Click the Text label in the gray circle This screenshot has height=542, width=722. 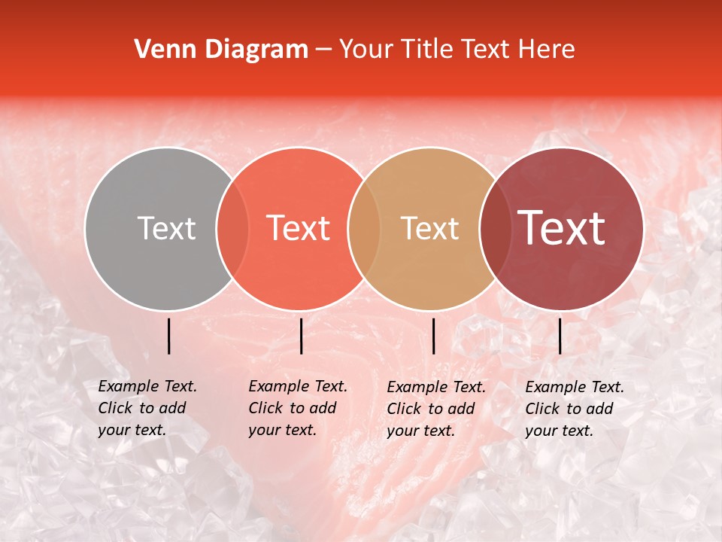point(166,228)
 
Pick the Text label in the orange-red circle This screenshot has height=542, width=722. point(298,228)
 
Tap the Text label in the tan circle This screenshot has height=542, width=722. point(429,228)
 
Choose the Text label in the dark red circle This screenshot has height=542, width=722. point(561,228)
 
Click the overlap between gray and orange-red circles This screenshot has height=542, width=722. point(232,228)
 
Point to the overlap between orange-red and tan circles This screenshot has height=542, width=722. point(364,228)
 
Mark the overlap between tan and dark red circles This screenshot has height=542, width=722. point(494,228)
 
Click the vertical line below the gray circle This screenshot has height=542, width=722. point(169,336)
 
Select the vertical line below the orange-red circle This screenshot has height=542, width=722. point(301,336)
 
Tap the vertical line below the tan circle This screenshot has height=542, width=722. point(434,336)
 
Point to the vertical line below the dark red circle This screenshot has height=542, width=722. point(560,336)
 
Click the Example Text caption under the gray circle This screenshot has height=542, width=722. point(147,408)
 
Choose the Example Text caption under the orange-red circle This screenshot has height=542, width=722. point(298,408)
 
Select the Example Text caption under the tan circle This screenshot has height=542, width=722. point(436,409)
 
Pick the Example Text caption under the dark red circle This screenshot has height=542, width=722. point(575,409)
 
